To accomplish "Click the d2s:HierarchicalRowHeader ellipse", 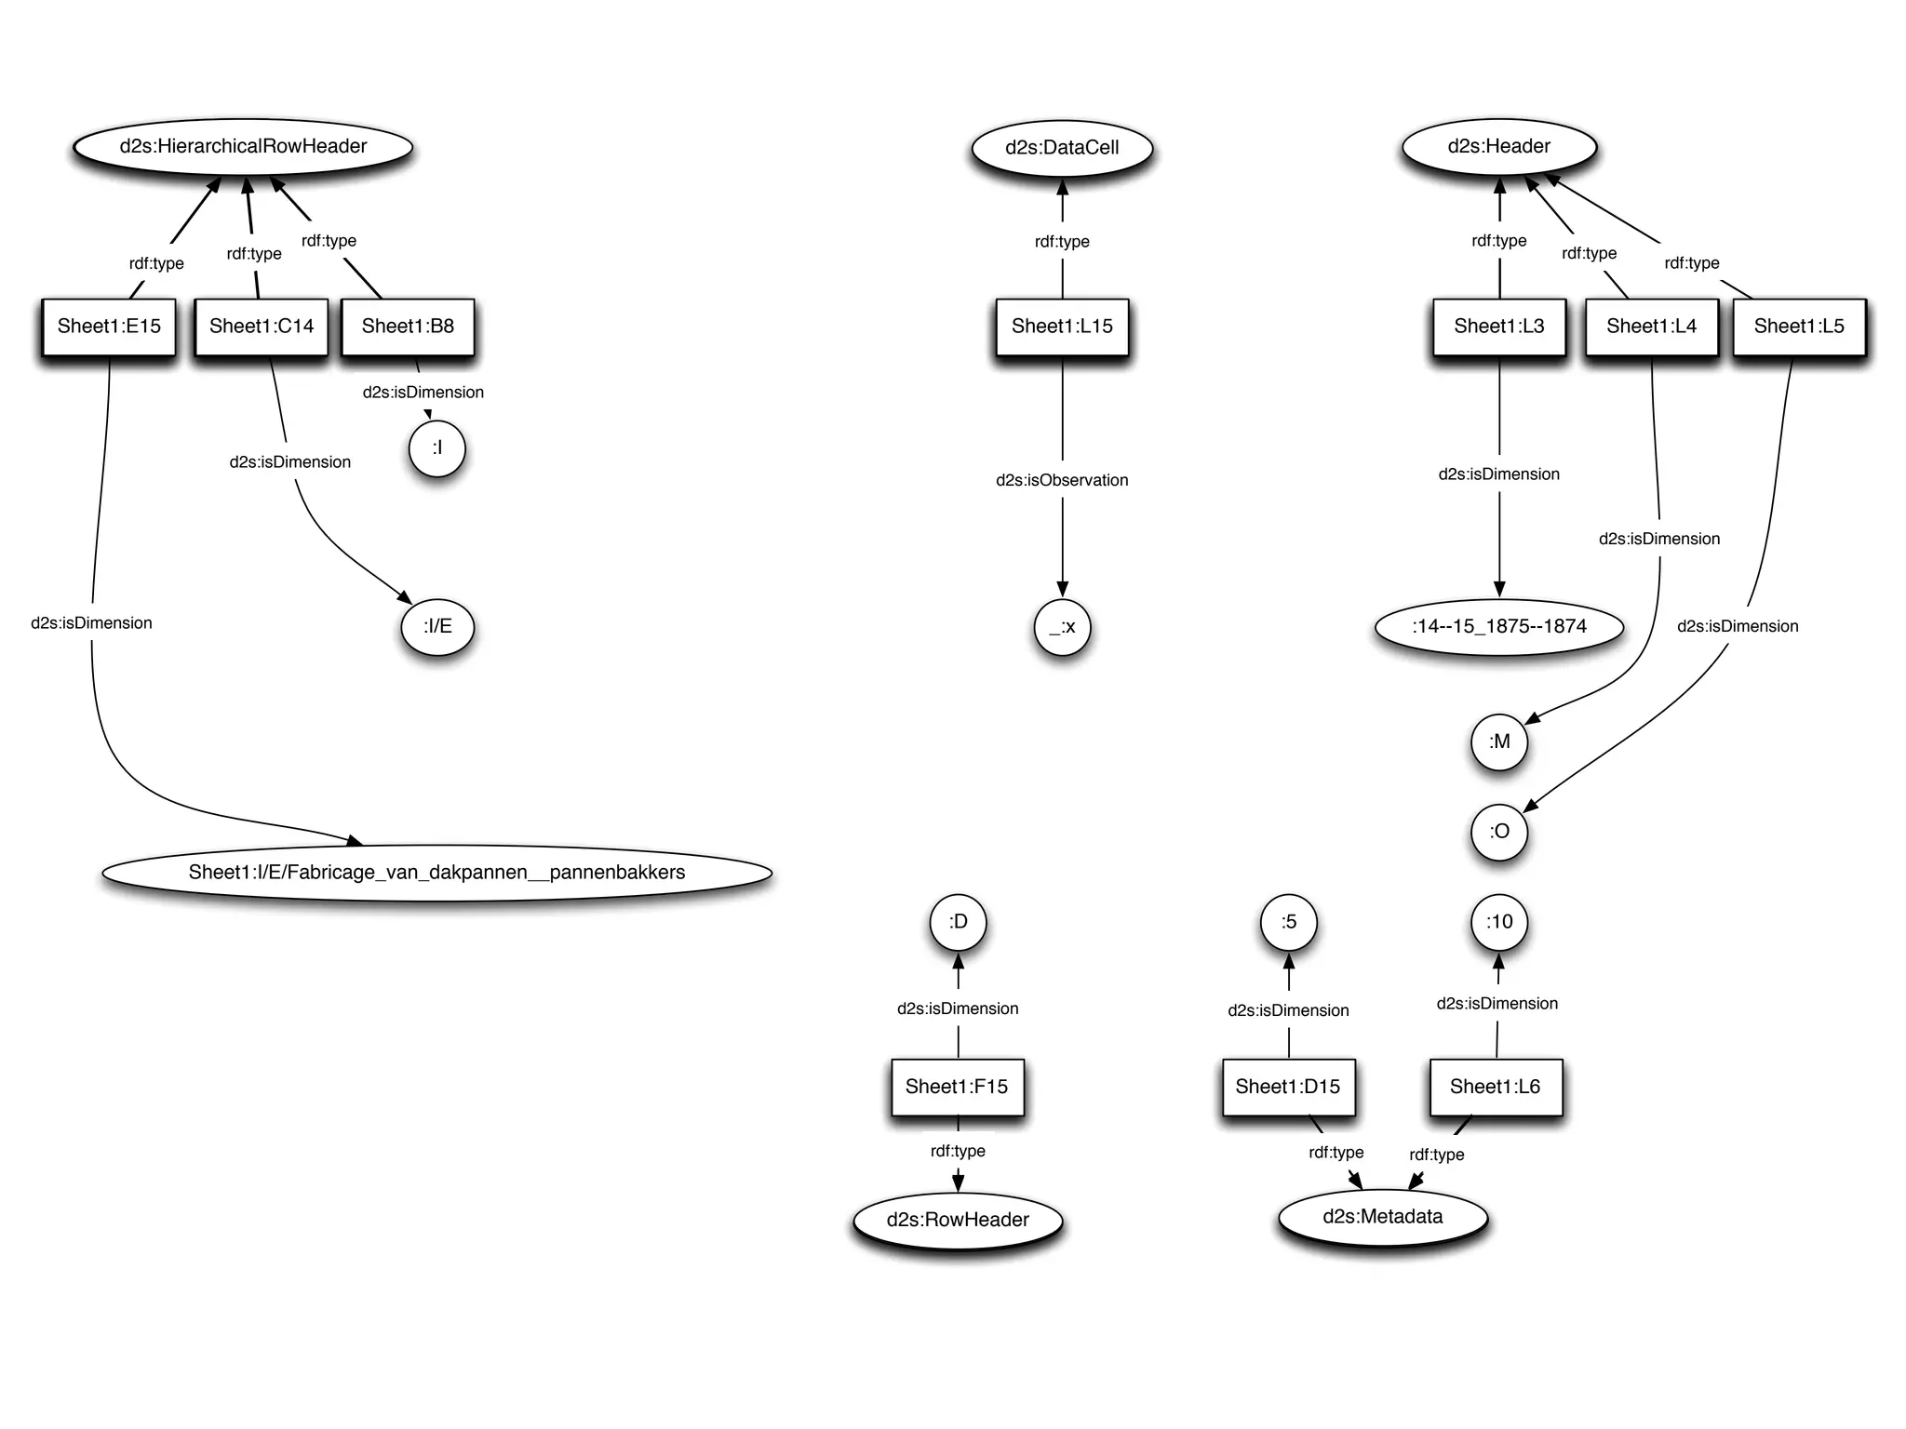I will coord(243,147).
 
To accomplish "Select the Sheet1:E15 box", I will coord(109,327).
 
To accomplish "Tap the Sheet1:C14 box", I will coord(262,327).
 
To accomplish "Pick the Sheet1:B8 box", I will coord(408,327).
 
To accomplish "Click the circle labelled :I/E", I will coord(437,627).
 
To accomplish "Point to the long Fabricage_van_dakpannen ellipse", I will coord(436,873).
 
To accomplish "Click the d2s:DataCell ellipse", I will coord(1062,148).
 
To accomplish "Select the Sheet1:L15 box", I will coord(1062,327).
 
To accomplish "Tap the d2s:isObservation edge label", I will coord(1062,481).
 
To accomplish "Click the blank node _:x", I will coord(1062,628).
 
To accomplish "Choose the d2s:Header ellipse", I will coord(1498,147).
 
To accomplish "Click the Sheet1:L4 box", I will coord(1651,327).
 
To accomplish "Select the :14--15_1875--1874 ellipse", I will coord(1498,627).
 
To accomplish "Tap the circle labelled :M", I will coord(1498,742).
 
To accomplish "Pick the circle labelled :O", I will coord(1498,832).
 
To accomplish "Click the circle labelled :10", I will coord(1498,922).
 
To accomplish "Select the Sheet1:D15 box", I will coord(1288,1087).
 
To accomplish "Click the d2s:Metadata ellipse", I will coord(1382,1217).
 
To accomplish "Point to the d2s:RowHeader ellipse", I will coord(958,1221).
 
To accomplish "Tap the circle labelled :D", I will coord(958,922).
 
